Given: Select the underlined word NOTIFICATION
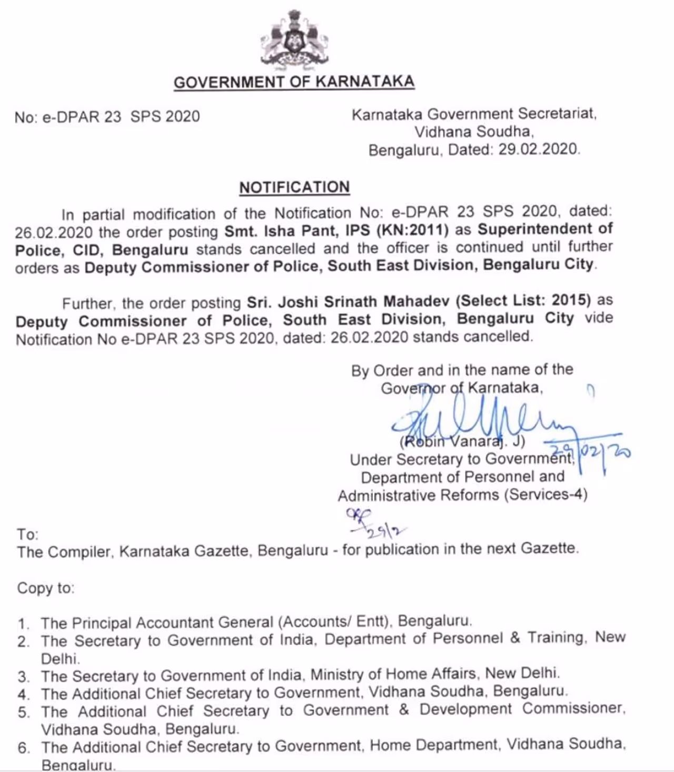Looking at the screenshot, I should (294, 187).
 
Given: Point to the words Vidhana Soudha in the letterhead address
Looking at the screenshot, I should (473, 132).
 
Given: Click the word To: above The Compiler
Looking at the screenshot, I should (27, 535).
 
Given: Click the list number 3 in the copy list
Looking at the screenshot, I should (23, 677).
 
